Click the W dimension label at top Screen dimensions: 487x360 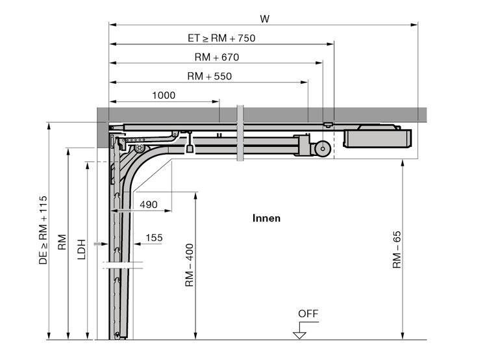tap(265, 19)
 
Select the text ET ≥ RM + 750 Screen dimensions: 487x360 tap(221, 38)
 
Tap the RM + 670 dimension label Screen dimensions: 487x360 tap(217, 57)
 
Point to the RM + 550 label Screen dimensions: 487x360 tap(210, 76)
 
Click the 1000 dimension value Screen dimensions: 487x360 tap(164, 95)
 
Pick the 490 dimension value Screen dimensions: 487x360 tap(149, 205)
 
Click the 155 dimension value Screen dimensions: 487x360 tap(154, 238)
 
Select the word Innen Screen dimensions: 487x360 tap(266, 218)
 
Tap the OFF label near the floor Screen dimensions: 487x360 tap(308, 314)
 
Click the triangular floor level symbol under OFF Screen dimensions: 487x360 tap(300, 335)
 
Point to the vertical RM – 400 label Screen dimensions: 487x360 tap(190, 265)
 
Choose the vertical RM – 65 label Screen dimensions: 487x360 tap(397, 250)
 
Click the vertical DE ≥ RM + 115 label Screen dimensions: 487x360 tap(43, 230)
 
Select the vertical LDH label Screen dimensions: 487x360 tap(81, 250)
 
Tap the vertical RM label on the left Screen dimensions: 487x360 tap(62, 242)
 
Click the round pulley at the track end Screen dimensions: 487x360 tap(323, 149)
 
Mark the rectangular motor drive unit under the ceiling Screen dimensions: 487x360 tap(377, 138)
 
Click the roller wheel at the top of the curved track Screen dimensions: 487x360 tap(140, 148)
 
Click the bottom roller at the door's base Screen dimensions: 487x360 tap(117, 335)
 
